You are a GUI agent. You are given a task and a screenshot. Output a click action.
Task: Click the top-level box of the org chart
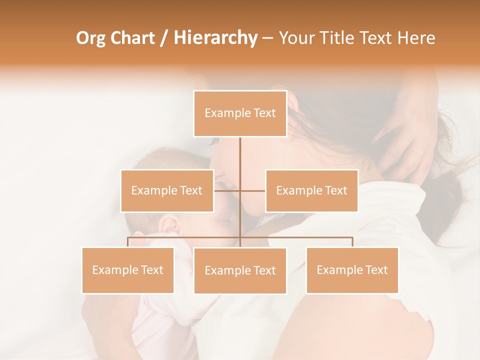click(x=240, y=113)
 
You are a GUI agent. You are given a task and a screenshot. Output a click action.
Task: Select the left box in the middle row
click(x=167, y=190)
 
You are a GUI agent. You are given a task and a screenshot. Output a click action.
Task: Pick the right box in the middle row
click(x=311, y=190)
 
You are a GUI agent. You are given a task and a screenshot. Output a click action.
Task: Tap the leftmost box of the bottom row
click(x=128, y=270)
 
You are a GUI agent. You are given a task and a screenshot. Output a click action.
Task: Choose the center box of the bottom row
click(x=240, y=270)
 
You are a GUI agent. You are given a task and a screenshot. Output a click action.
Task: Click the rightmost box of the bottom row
click(x=352, y=270)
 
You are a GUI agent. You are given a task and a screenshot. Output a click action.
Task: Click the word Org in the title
click(x=90, y=38)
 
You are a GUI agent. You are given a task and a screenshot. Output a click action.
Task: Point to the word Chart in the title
click(x=132, y=38)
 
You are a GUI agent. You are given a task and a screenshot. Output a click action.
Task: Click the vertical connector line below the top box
click(x=240, y=160)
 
